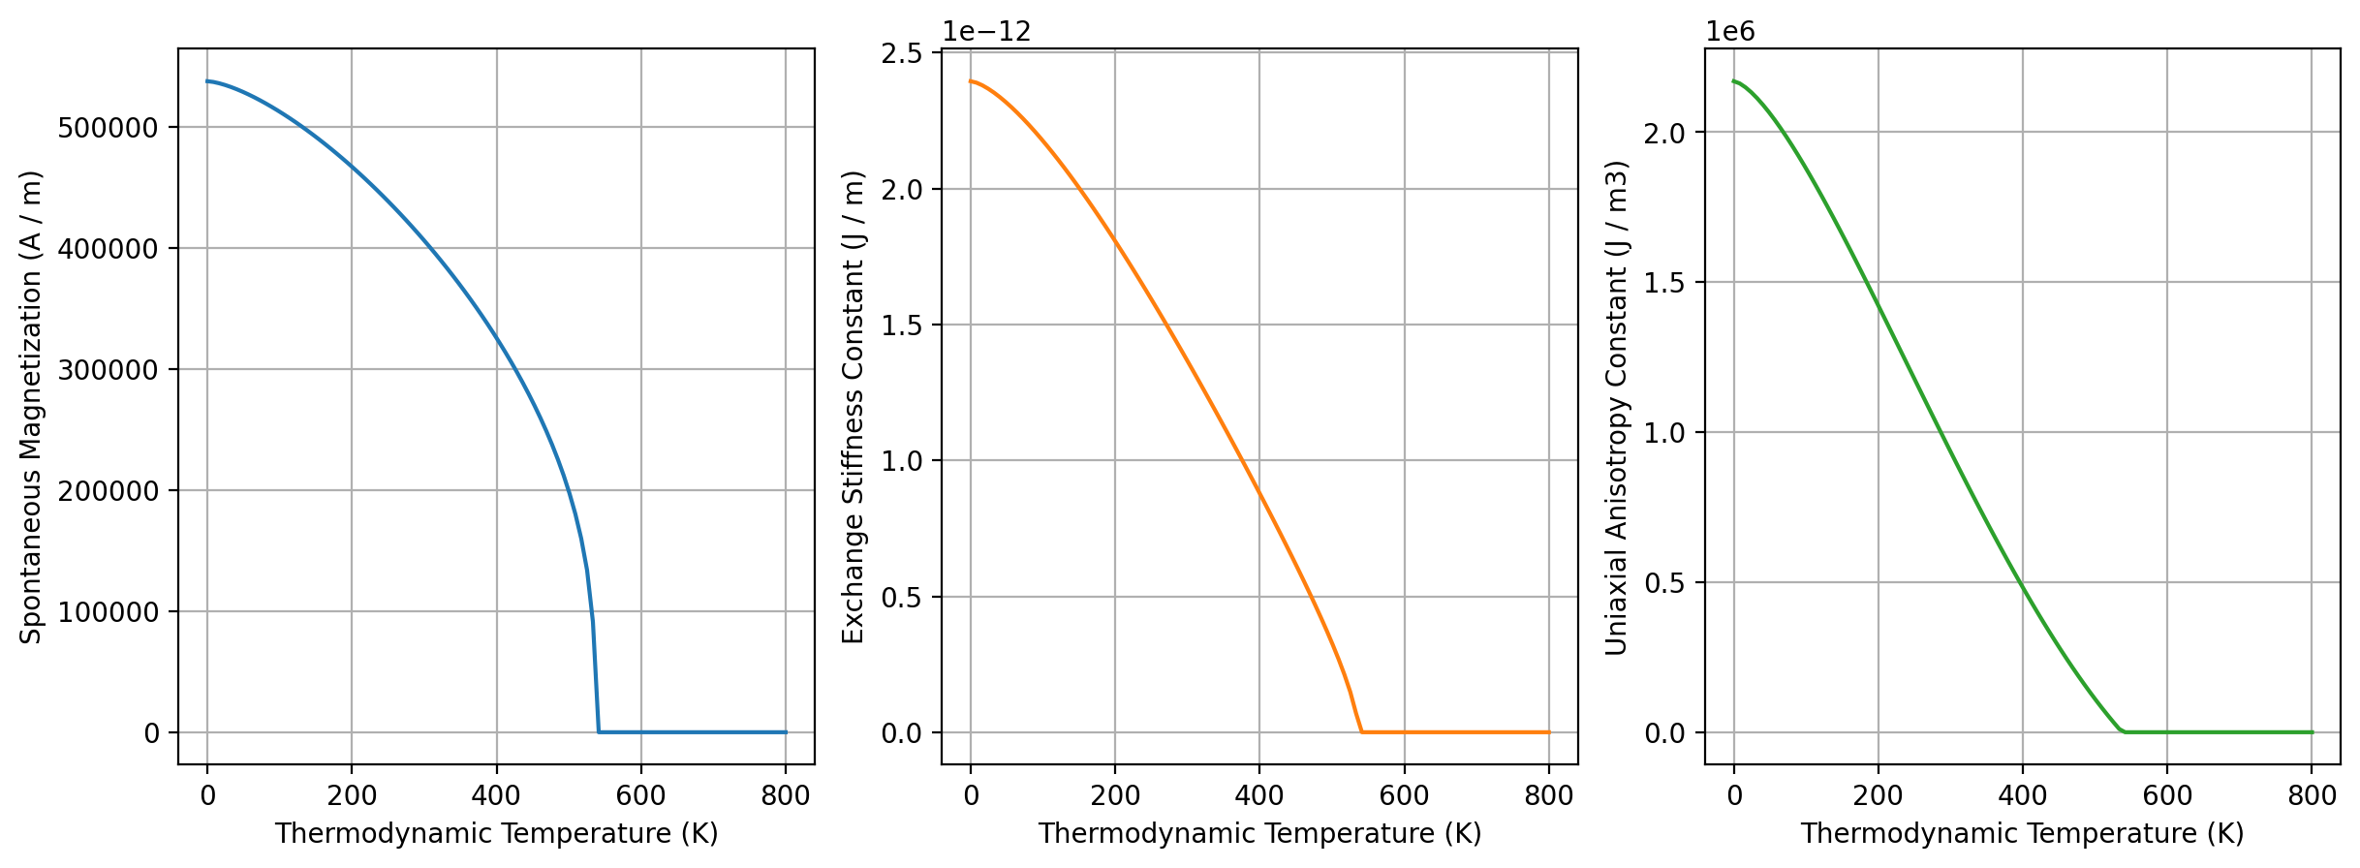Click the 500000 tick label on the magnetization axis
(x=109, y=128)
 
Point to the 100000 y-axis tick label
(x=109, y=612)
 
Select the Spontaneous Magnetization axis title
(x=31, y=407)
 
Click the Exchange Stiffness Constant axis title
(x=853, y=407)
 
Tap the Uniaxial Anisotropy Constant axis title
(x=1616, y=407)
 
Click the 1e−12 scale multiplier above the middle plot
(x=986, y=32)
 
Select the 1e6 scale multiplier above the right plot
(x=1729, y=32)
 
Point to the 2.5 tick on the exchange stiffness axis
(x=901, y=53)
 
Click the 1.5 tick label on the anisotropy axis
(x=1664, y=283)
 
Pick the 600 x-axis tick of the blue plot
(x=641, y=796)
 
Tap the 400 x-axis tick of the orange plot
(x=1259, y=796)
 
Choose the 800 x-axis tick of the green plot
(x=2313, y=796)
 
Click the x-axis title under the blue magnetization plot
(x=496, y=834)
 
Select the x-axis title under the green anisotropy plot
(x=2022, y=834)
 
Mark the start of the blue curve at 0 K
(x=207, y=81)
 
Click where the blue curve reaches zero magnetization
(x=599, y=731)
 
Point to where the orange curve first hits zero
(x=1362, y=731)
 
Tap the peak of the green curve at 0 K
(x=1734, y=81)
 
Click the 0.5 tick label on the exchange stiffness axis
(x=901, y=598)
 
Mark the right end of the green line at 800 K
(x=2313, y=732)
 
